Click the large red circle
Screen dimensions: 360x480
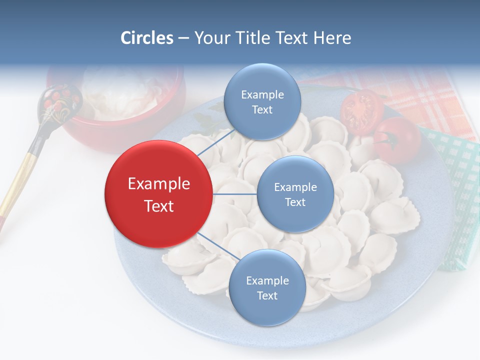tap(158, 194)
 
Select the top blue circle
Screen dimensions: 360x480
tap(262, 101)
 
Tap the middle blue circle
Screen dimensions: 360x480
tap(295, 194)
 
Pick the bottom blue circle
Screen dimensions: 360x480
tap(267, 287)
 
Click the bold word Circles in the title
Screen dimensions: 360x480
tap(147, 38)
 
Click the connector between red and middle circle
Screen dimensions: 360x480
tap(235, 194)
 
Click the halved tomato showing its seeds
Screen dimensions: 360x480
tap(361, 111)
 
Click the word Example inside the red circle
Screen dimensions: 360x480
tap(158, 183)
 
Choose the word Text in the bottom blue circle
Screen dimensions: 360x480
tap(267, 295)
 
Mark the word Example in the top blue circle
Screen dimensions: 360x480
tap(262, 94)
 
